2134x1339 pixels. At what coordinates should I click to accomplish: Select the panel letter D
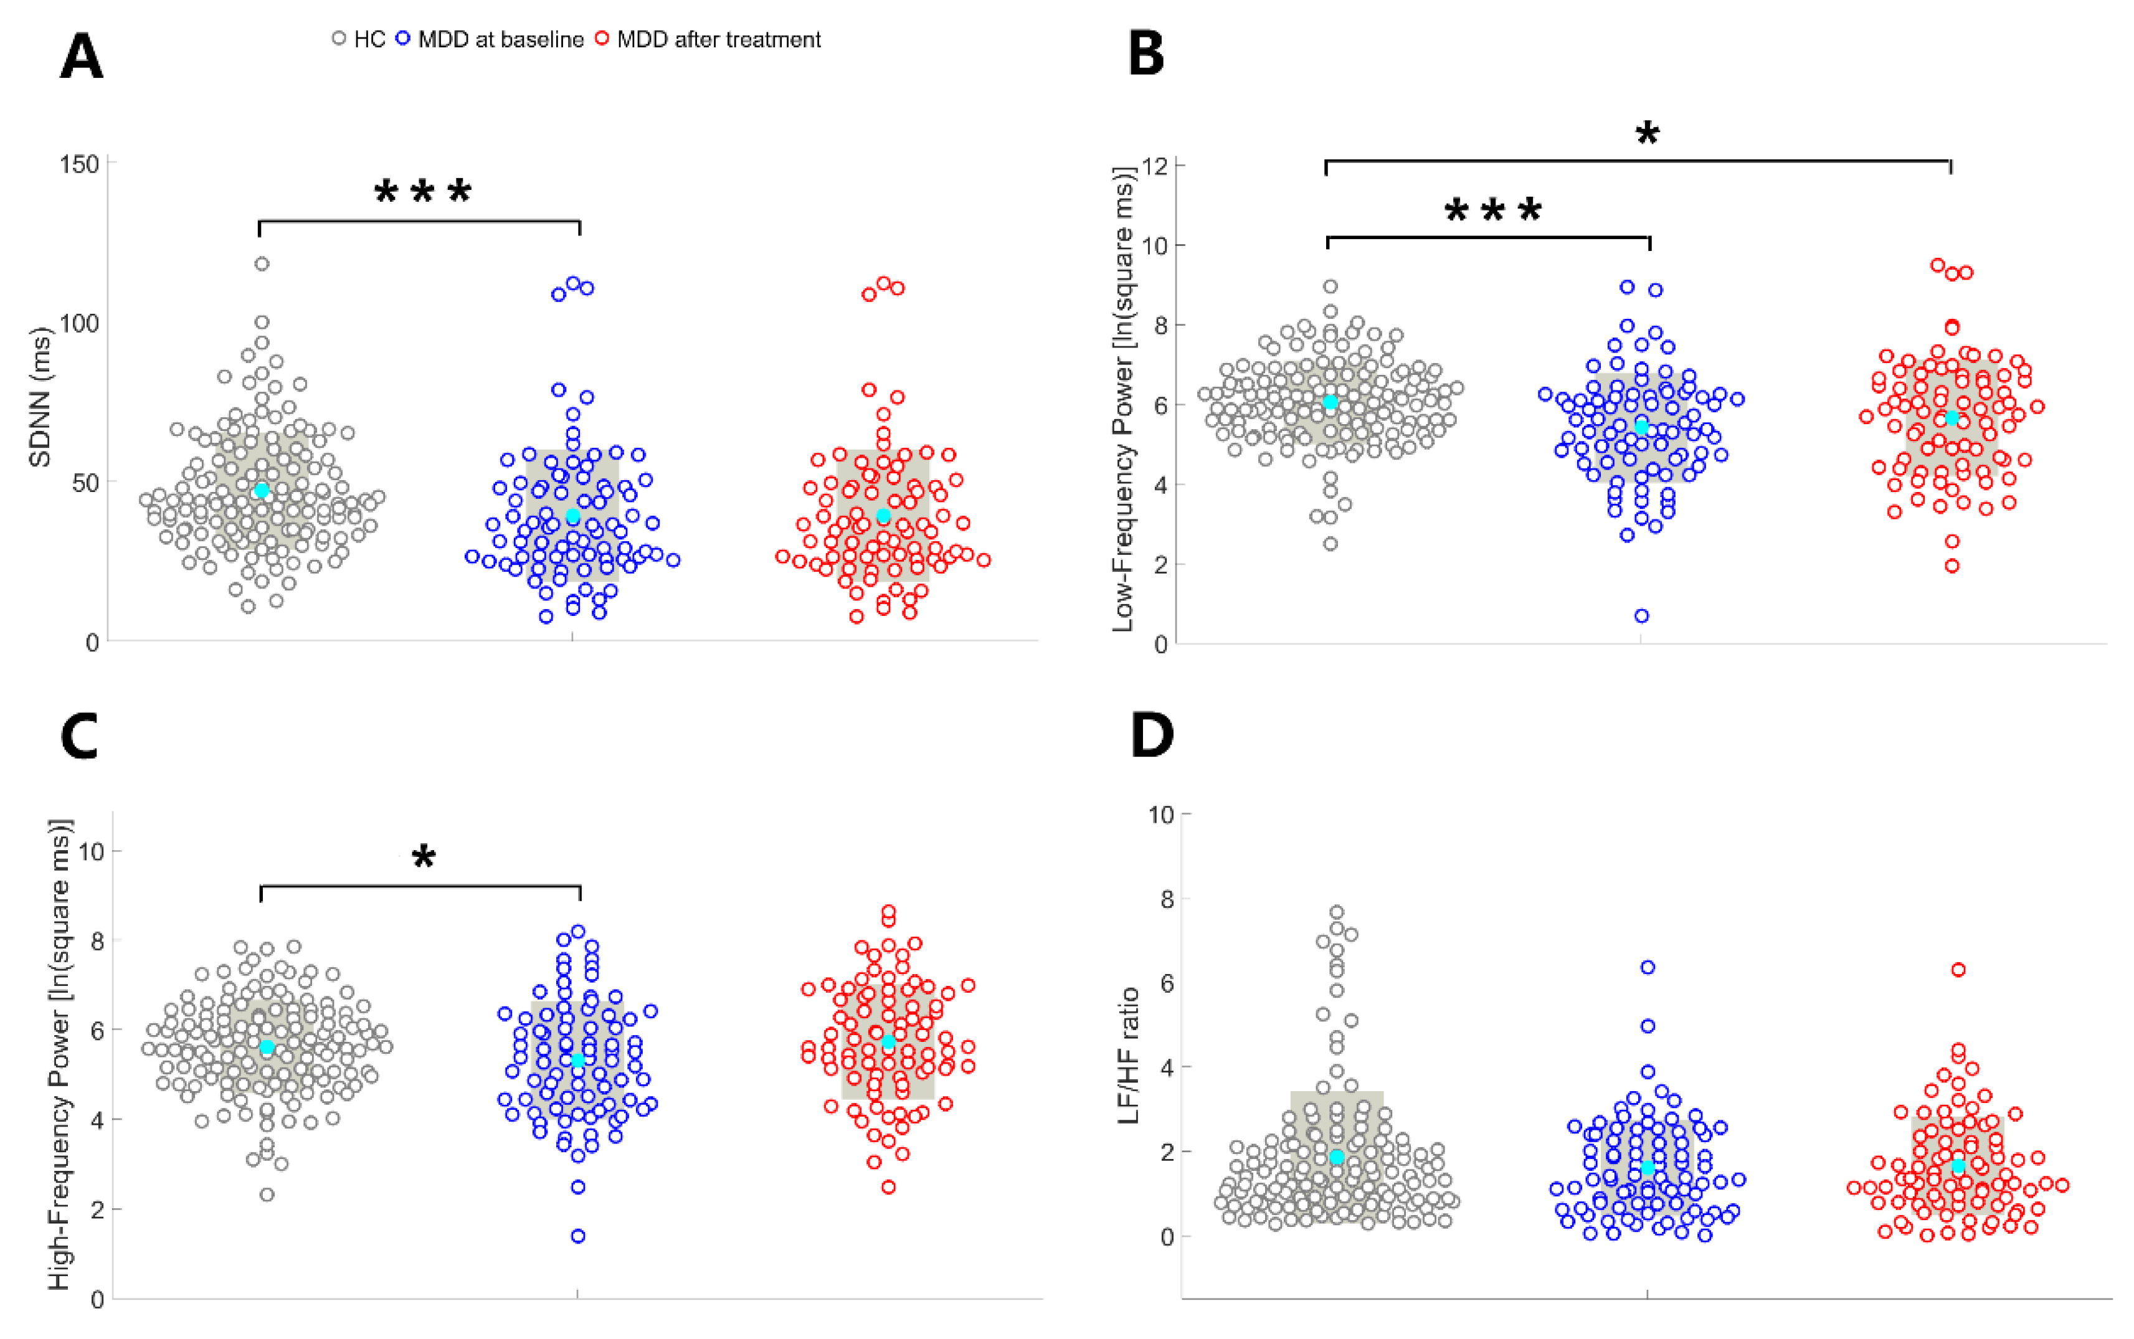tap(1151, 735)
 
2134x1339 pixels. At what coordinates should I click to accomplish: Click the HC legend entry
tap(359, 39)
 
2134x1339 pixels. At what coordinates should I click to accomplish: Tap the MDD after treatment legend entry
tap(708, 39)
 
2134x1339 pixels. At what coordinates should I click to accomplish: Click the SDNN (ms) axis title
tap(40, 397)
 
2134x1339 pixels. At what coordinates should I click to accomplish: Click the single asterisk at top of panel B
tap(1646, 135)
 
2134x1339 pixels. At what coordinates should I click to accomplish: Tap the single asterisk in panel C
tap(424, 857)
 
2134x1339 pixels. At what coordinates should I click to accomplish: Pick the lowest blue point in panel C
tap(577, 1236)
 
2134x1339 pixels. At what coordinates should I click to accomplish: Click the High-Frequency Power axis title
tap(59, 1054)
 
